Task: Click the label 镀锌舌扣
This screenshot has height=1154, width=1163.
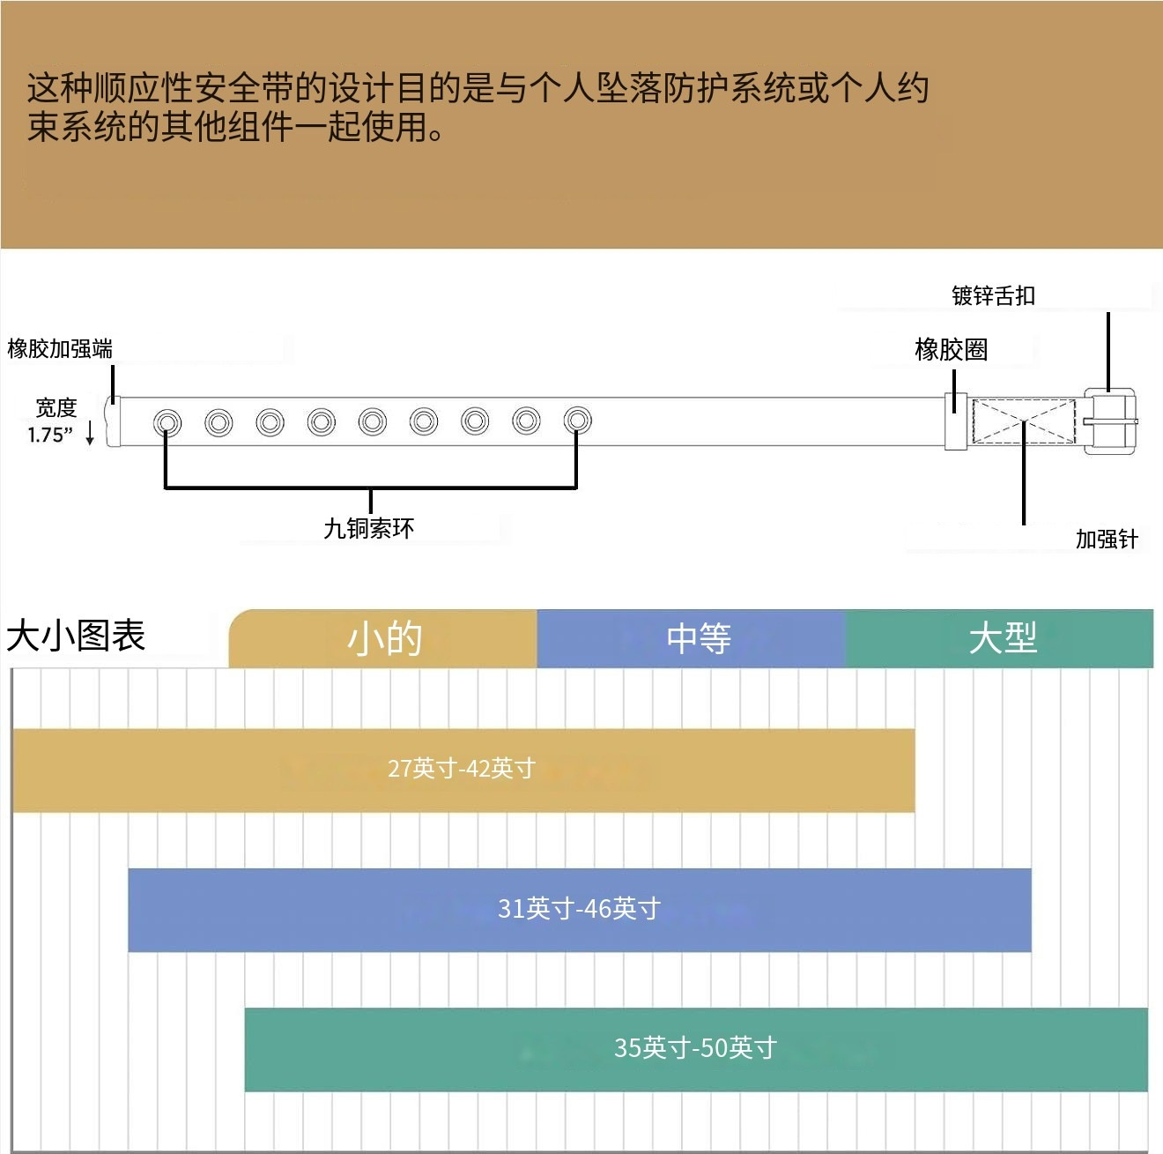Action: click(x=993, y=296)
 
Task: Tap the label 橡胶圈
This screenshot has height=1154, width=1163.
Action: click(x=951, y=350)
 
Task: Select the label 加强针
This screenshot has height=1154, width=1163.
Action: click(x=1107, y=539)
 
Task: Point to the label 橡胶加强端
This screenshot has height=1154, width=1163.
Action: click(x=60, y=349)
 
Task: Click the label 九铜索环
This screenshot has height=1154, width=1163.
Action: click(x=368, y=528)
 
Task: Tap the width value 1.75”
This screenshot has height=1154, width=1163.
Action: click(x=50, y=435)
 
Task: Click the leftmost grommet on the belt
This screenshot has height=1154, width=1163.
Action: click(x=167, y=422)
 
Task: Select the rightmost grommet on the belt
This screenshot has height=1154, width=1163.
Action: click(x=577, y=421)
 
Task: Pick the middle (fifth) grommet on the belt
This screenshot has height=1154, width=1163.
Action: click(x=373, y=422)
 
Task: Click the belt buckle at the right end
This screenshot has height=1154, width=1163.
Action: click(x=1110, y=421)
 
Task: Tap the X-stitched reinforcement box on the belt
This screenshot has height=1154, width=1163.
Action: click(x=1024, y=421)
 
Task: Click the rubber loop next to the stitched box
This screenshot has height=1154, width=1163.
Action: click(x=956, y=421)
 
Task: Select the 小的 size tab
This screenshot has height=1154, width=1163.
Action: click(x=384, y=638)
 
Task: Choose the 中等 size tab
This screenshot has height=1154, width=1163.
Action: click(x=698, y=638)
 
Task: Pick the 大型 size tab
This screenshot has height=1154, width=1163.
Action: click(x=1002, y=638)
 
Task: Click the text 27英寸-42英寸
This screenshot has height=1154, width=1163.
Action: click(x=462, y=769)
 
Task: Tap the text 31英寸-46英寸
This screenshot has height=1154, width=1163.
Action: click(x=579, y=909)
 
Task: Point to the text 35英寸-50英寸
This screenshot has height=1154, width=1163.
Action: click(x=695, y=1048)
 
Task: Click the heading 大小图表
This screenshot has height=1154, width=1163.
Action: click(x=76, y=636)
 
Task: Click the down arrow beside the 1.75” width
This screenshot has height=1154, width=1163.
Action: click(x=90, y=434)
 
